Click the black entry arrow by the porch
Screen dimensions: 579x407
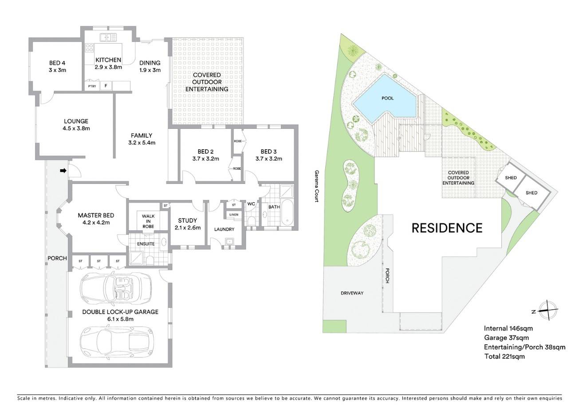tap(63, 171)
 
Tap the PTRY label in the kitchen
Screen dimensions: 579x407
tap(92, 86)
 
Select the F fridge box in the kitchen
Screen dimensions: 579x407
tap(106, 86)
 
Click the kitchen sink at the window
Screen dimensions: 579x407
tap(108, 37)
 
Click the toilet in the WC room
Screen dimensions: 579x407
tap(251, 220)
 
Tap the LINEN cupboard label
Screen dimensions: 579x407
tap(234, 215)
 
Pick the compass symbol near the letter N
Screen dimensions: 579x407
tap(548, 311)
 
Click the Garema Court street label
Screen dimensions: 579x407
tap(317, 186)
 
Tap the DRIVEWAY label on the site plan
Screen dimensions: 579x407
tap(352, 293)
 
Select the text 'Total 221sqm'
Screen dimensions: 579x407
tap(504, 356)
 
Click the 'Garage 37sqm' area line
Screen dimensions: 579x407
tap(506, 338)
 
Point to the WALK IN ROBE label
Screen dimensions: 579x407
tap(148, 221)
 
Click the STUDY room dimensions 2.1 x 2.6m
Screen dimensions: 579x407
tap(188, 228)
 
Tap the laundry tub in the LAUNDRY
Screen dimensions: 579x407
tap(229, 241)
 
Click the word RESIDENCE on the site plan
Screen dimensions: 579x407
tap(447, 228)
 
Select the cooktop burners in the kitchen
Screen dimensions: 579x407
tap(89, 48)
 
